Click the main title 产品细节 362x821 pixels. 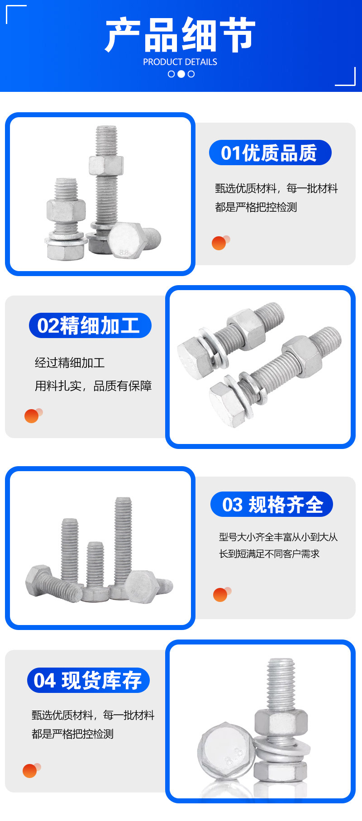(x=180, y=35)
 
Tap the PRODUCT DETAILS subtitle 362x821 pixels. (x=180, y=62)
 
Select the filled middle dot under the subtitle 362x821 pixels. (x=181, y=74)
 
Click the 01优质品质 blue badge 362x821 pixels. (x=270, y=153)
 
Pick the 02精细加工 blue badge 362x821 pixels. (x=90, y=325)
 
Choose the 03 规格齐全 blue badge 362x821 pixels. (x=271, y=504)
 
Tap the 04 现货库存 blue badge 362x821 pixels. (x=88, y=680)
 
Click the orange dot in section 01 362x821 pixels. (x=219, y=243)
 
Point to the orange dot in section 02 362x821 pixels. (x=32, y=416)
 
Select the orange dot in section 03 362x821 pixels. (x=220, y=595)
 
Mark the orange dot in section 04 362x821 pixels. (x=30, y=771)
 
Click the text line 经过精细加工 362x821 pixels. (x=70, y=363)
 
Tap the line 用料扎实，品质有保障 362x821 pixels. (x=93, y=386)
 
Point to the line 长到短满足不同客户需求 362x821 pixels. (x=269, y=554)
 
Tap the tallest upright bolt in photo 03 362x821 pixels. (x=123, y=543)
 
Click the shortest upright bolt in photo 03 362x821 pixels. (x=95, y=566)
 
